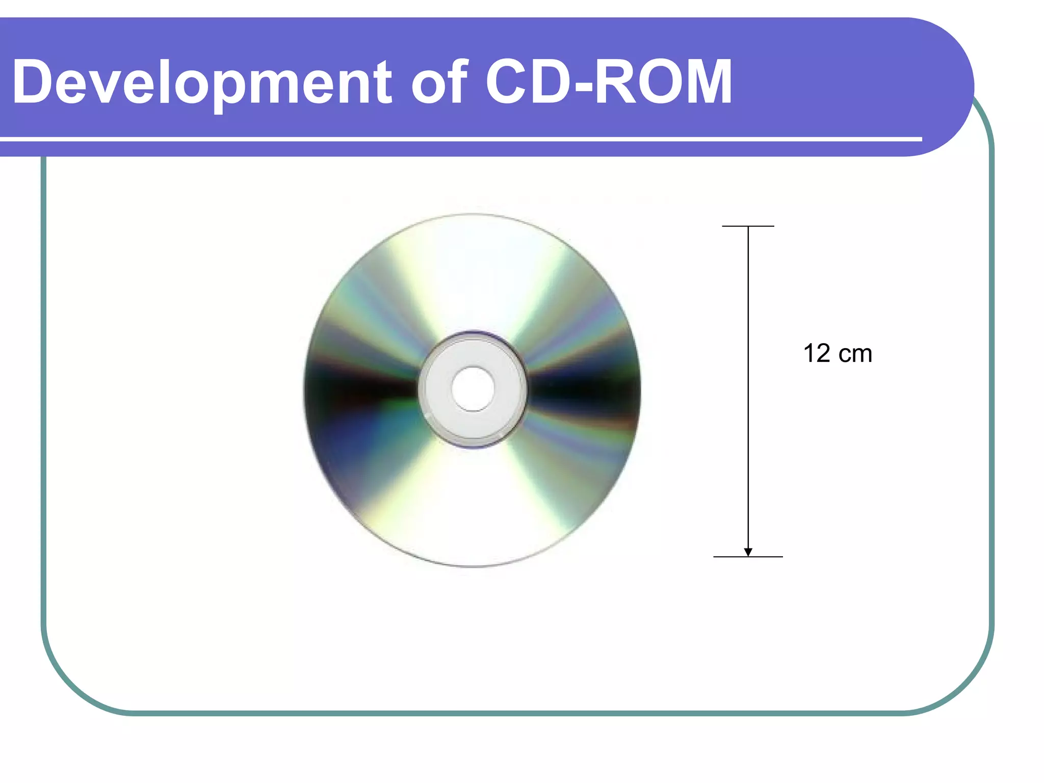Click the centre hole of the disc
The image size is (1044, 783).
pyautogui.click(x=473, y=388)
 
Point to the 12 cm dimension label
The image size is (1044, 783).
pyautogui.click(x=837, y=353)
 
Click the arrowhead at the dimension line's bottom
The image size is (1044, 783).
pyautogui.click(x=748, y=552)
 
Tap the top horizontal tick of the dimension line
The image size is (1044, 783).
pyautogui.click(x=748, y=226)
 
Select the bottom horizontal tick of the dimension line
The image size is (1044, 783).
pyautogui.click(x=748, y=557)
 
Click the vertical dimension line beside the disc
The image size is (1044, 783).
pyautogui.click(x=748, y=387)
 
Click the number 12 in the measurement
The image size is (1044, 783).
pyautogui.click(x=817, y=353)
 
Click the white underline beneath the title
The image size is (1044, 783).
pyautogui.click(x=459, y=139)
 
